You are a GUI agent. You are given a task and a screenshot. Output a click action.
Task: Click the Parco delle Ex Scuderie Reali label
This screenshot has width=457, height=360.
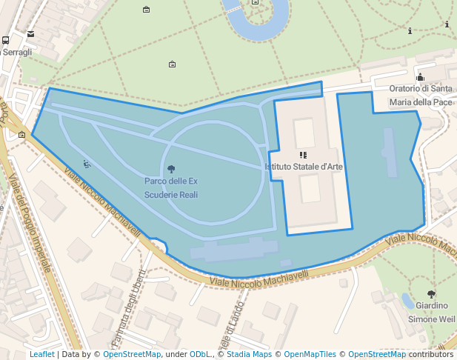pyautogui.click(x=171, y=188)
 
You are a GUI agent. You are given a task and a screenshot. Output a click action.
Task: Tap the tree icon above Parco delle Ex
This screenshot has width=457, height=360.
pyautogui.click(x=172, y=169)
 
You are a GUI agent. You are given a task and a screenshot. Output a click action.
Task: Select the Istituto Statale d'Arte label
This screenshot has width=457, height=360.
pyautogui.click(x=304, y=167)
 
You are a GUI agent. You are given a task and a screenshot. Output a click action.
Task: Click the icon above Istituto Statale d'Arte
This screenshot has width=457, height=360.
pyautogui.click(x=303, y=155)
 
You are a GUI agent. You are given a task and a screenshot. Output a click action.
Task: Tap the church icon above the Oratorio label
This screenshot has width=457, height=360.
pyautogui.click(x=420, y=76)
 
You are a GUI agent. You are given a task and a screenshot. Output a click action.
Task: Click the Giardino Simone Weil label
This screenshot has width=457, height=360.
pyautogui.click(x=432, y=312)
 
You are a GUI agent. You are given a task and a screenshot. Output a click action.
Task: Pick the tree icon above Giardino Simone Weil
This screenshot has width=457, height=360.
pyautogui.click(x=432, y=294)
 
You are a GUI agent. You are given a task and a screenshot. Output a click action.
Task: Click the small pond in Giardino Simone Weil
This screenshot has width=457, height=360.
pyautogui.click(x=408, y=301)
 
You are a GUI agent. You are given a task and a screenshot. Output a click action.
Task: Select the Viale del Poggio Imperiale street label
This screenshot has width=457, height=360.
pyautogui.click(x=29, y=221)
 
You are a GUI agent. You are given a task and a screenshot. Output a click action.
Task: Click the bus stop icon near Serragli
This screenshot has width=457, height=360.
pyautogui.click(x=6, y=41)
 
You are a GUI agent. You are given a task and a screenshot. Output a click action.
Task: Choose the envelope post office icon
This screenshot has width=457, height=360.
pyautogui.click(x=30, y=34)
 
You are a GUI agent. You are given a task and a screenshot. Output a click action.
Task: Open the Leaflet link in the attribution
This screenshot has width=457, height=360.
pyautogui.click(x=41, y=354)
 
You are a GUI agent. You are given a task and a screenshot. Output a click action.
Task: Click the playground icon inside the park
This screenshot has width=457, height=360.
pyautogui.click(x=87, y=164)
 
